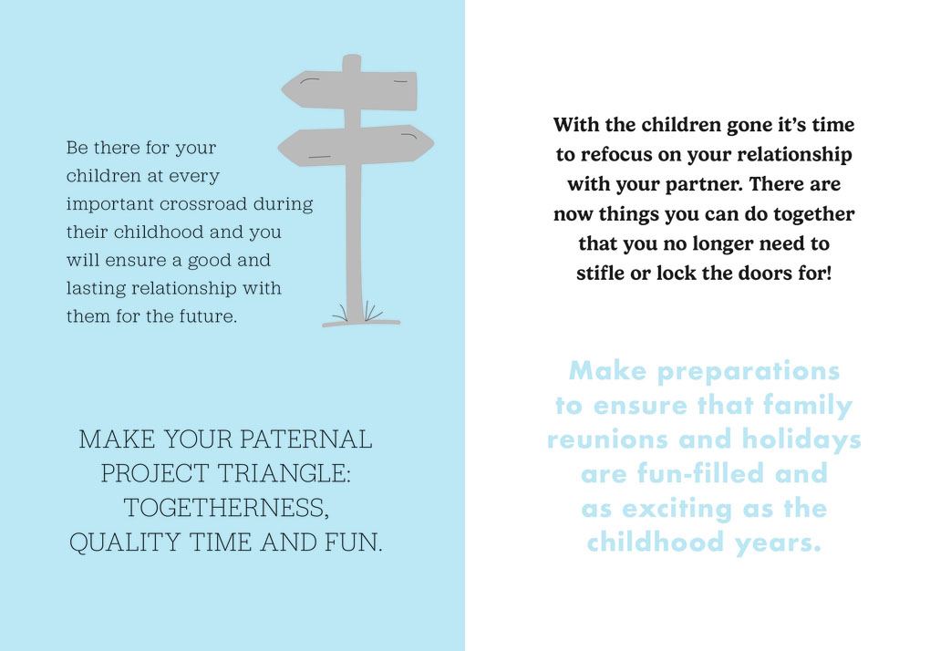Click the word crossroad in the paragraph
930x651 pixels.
pyautogui.click(x=202, y=204)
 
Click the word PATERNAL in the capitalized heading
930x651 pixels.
pyautogui.click(x=306, y=439)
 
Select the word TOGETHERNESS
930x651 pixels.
pyautogui.click(x=226, y=508)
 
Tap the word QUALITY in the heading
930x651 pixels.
pyautogui.click(x=125, y=542)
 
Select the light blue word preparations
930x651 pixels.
pyautogui.click(x=749, y=372)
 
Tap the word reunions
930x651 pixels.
pyautogui.click(x=608, y=440)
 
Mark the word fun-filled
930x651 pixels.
pyautogui.click(x=700, y=474)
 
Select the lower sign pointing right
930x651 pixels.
pyautogui.click(x=356, y=145)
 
